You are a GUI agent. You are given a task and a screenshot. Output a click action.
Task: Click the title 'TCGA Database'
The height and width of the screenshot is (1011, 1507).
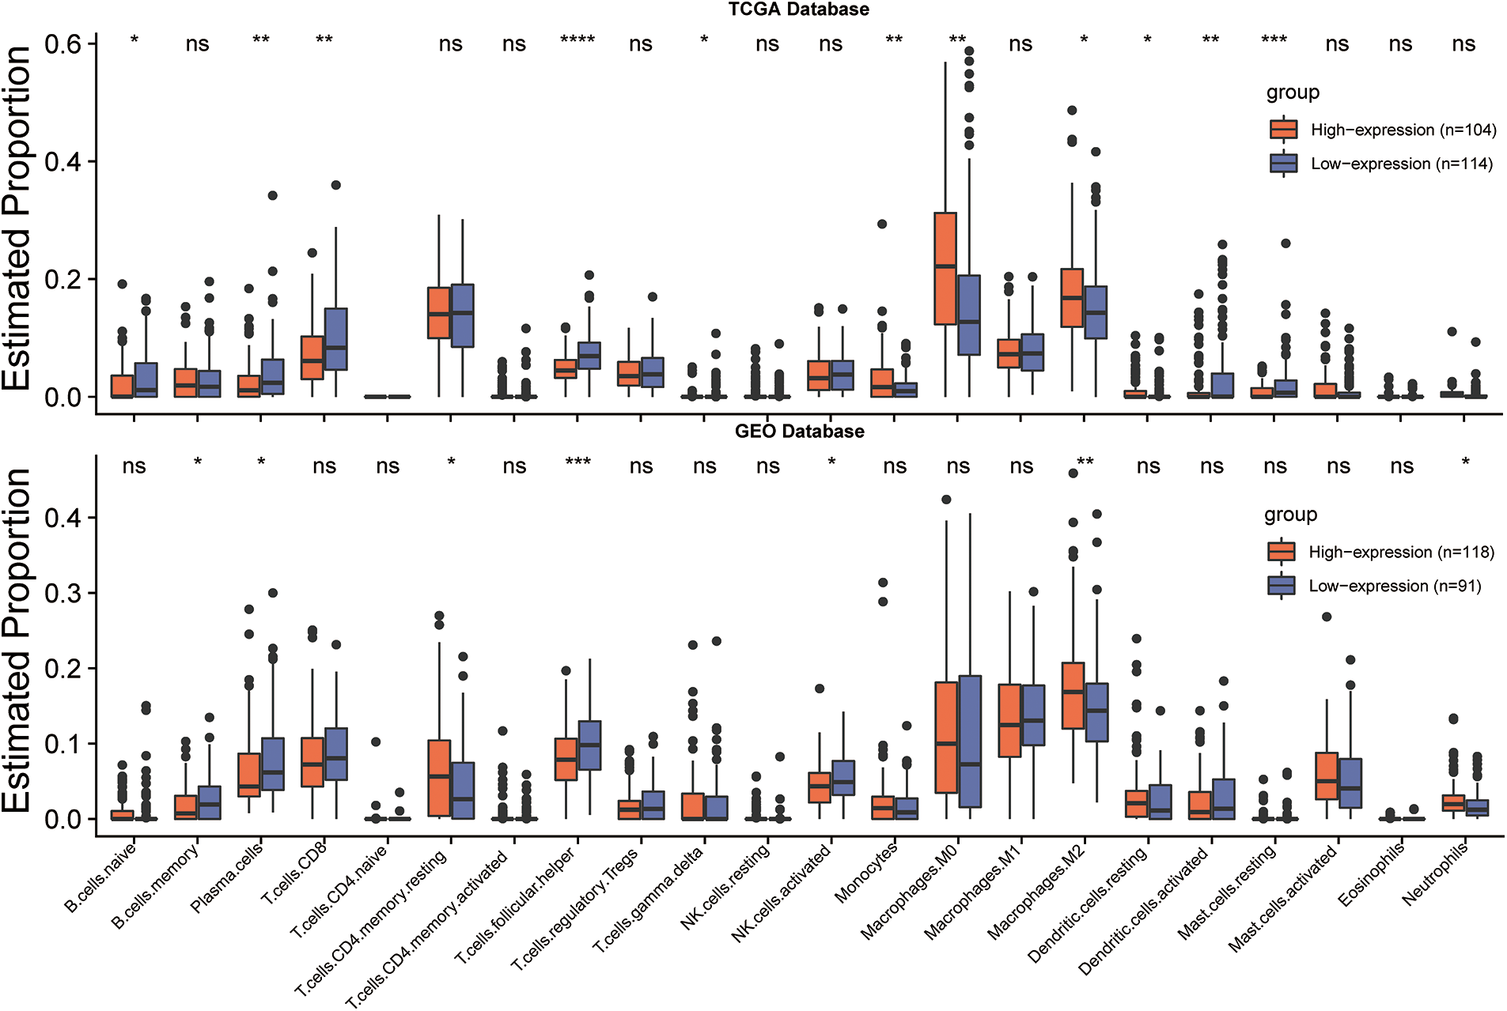[798, 9]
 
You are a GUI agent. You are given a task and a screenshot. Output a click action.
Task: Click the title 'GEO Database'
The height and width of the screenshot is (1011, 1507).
[799, 432]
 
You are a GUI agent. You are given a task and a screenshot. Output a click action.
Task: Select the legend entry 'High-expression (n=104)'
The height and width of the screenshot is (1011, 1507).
[1403, 130]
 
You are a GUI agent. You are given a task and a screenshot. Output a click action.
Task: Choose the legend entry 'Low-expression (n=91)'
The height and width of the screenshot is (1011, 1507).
[1394, 586]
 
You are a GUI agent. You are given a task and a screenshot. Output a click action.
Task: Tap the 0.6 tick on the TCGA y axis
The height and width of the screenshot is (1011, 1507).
[62, 43]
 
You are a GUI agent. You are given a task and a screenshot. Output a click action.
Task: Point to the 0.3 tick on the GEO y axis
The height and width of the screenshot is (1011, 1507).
[62, 593]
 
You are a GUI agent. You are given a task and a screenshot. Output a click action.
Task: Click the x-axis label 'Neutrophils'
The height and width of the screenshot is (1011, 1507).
[1435, 873]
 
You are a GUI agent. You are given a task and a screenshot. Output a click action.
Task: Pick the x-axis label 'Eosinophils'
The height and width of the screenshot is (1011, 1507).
[1372, 874]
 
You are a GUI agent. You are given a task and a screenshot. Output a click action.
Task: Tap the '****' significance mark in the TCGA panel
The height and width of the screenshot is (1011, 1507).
[577, 40]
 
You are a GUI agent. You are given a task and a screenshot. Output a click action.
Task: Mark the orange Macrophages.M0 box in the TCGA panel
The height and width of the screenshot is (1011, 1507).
[945, 268]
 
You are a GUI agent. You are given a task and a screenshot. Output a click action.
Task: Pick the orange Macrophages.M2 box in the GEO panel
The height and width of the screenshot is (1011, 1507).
[1073, 695]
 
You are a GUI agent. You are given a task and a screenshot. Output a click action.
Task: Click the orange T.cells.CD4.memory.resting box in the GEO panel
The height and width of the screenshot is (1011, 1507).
[439, 778]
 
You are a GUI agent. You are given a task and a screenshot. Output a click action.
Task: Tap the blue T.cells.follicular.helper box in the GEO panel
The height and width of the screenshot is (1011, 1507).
[589, 745]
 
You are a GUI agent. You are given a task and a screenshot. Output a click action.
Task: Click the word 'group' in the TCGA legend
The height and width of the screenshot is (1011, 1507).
[1293, 93]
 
